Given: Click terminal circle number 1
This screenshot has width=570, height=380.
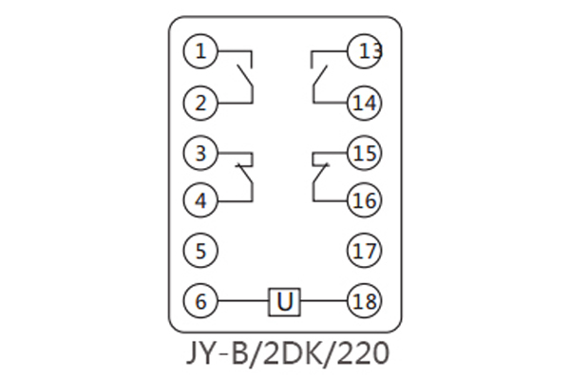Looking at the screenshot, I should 200,51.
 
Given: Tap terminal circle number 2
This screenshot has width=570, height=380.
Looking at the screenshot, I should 200,102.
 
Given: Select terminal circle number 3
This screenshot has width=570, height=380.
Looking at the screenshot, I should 200,151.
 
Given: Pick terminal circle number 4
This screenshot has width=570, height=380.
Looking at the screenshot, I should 200,200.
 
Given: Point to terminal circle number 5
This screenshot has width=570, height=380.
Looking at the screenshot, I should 200,251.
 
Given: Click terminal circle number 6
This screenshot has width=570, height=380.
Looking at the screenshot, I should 200,302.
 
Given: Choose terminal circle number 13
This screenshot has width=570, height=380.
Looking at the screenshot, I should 364,51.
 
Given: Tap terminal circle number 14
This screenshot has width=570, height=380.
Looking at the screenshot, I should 364,102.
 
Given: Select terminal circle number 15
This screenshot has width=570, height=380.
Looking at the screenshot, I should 364,151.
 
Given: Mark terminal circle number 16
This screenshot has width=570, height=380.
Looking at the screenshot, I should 364,200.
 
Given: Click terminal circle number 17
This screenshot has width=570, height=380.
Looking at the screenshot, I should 364,251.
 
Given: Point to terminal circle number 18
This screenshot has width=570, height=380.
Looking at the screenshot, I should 364,302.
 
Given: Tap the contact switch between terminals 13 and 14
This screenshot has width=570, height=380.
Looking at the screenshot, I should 318,76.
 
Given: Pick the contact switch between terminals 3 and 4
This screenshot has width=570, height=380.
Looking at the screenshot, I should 247,176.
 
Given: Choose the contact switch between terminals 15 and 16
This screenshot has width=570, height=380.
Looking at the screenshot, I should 318,176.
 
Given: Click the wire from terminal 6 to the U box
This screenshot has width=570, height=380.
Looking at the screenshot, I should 243,302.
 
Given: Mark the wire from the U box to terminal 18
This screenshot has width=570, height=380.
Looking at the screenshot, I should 323,302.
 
